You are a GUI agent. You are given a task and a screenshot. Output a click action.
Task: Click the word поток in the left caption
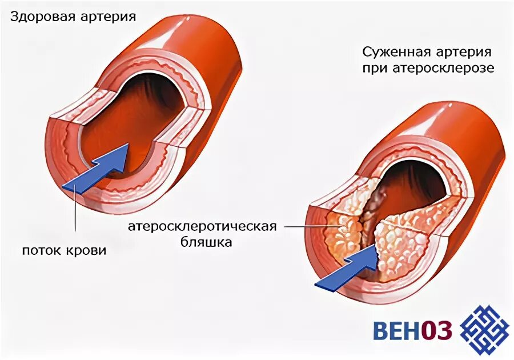point(41,250)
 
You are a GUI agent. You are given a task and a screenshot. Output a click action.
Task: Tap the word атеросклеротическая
point(202,226)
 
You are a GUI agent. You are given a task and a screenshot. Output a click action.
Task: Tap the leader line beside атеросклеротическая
point(303,227)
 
